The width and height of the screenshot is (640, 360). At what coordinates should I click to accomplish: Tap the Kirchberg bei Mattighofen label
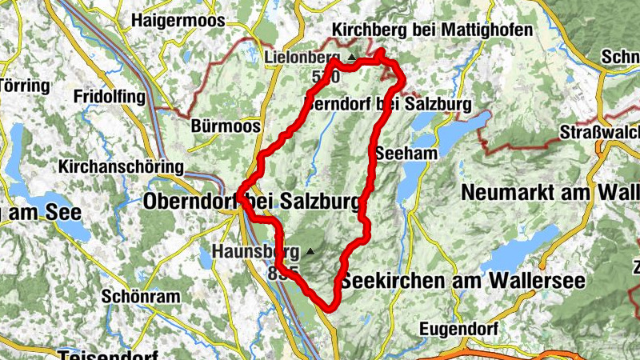[421, 30]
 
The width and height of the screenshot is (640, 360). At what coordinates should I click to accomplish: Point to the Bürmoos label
[215, 126]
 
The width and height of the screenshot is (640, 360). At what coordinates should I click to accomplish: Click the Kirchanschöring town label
[121, 167]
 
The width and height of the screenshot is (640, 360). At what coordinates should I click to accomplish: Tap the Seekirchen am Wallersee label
[463, 282]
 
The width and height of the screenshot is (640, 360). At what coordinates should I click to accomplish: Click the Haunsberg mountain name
[250, 252]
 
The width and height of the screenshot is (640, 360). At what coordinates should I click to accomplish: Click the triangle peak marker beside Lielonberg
[351, 58]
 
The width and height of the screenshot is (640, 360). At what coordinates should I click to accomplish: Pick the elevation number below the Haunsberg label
[284, 274]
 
